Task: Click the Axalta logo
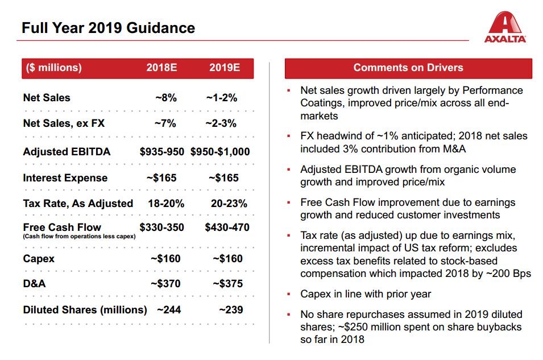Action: coord(505,28)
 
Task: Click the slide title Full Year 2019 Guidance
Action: coord(108,28)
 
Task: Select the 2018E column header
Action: coord(161,68)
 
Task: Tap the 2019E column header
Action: coord(224,68)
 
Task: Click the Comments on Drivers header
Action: coord(408,68)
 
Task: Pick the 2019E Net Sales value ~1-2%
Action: coord(222,98)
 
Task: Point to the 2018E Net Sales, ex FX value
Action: coord(165,123)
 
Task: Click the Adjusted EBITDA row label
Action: coord(67,152)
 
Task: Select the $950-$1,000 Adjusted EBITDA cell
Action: coord(220,152)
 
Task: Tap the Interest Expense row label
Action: coord(65,178)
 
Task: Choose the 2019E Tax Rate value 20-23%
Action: coord(229,204)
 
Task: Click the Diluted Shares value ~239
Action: coord(231,310)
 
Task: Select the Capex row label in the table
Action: coord(39,259)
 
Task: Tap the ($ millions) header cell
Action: coord(53,68)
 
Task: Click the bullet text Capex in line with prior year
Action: coord(366,294)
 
